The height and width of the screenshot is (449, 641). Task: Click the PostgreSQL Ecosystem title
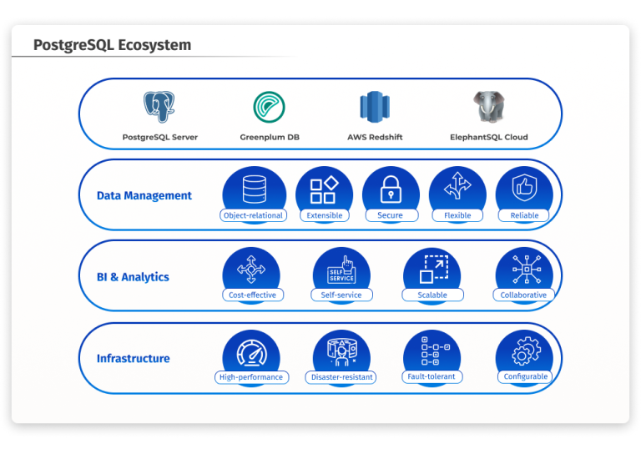pyautogui.click(x=112, y=45)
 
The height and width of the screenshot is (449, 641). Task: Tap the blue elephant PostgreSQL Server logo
pyautogui.click(x=159, y=107)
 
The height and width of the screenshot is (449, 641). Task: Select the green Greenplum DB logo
pyautogui.click(x=270, y=107)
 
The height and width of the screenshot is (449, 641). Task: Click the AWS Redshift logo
pyautogui.click(x=375, y=107)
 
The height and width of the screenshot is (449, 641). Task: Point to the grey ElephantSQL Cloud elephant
pyautogui.click(x=488, y=107)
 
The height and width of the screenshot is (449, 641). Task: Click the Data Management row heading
pyautogui.click(x=144, y=196)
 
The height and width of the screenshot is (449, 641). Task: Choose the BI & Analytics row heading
pyautogui.click(x=133, y=277)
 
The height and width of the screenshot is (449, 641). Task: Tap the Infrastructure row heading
pyautogui.click(x=133, y=359)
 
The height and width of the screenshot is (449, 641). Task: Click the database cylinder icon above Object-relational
pyautogui.click(x=253, y=190)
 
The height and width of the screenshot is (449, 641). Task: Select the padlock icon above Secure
pyautogui.click(x=390, y=190)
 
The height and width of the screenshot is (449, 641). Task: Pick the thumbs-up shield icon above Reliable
pyautogui.click(x=524, y=190)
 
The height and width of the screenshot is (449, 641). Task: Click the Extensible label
pyautogui.click(x=325, y=215)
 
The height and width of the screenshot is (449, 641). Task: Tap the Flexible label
pyautogui.click(x=457, y=215)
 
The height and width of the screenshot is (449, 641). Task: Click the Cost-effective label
pyautogui.click(x=252, y=295)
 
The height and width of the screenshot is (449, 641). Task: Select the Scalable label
pyautogui.click(x=432, y=295)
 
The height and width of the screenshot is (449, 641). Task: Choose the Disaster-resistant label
pyautogui.click(x=342, y=377)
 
